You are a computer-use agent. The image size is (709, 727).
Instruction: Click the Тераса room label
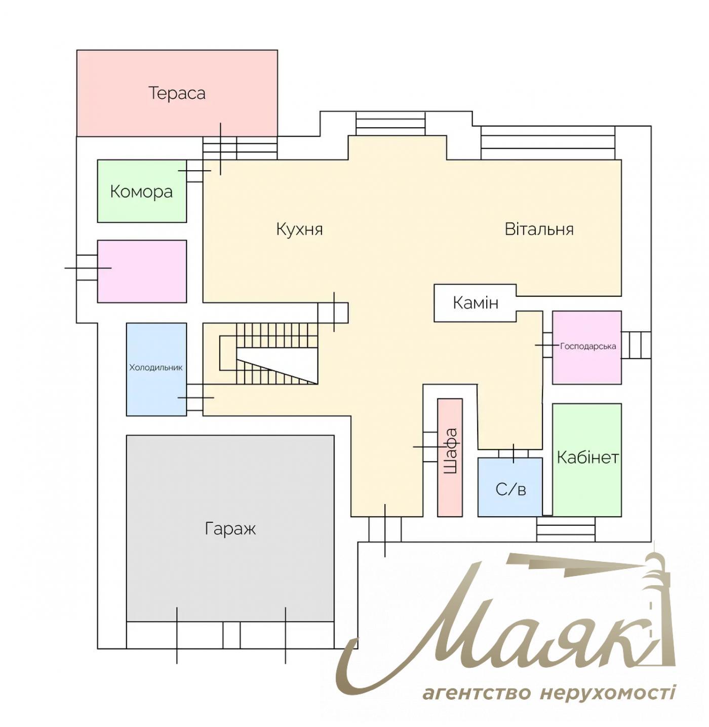[x=177, y=93]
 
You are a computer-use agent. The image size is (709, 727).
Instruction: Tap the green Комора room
[x=141, y=192]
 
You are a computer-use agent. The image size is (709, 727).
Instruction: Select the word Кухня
[x=299, y=229]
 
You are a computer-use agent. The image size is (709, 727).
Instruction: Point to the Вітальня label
[x=539, y=229]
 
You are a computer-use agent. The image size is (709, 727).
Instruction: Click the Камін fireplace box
[x=475, y=303]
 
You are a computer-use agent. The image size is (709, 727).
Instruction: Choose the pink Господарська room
[x=587, y=347]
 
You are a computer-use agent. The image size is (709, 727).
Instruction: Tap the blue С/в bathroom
[x=510, y=489]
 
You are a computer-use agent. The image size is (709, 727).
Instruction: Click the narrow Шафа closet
[x=450, y=457]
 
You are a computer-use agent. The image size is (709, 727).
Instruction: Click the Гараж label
[x=230, y=528]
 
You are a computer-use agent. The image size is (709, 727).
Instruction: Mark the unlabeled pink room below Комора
[x=142, y=271]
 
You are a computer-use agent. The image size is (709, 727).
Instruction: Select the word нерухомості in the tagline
[x=607, y=692]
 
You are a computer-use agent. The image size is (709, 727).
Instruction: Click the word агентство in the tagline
[x=476, y=692]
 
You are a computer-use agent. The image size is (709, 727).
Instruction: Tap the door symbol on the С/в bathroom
[x=514, y=452]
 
